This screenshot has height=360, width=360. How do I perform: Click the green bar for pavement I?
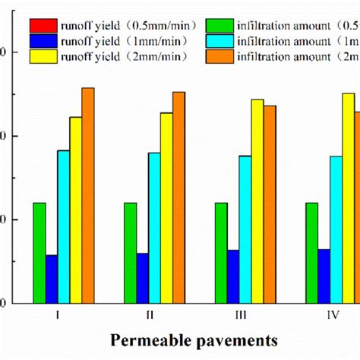pos(39,252)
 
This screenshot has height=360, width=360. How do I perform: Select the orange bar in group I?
pos(88,195)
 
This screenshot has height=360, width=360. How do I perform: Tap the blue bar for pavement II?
pos(143,278)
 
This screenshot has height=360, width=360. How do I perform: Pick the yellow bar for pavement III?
pos(257,201)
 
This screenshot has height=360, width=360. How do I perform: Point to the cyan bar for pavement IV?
pos(336,229)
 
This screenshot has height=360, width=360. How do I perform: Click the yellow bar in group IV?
pos(348,198)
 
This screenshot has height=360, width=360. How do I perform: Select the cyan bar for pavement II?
pos(155,228)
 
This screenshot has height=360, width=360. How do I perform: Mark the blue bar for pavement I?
pos(52,279)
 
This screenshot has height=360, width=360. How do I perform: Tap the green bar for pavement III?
pos(221,252)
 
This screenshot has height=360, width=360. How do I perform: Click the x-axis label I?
pos(58,314)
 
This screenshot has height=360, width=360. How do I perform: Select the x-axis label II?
pos(150,314)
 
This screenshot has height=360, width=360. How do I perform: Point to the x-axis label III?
pos(241,314)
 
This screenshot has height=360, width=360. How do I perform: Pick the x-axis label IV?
pos(332,314)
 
